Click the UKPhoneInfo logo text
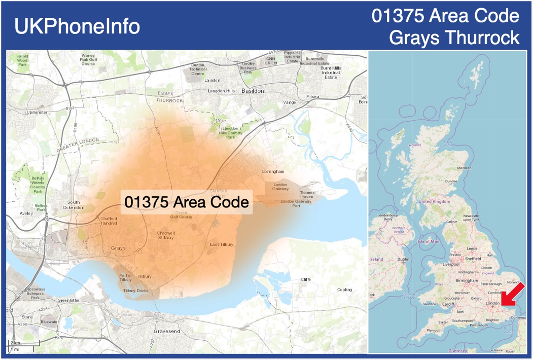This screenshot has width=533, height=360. pyautogui.click(x=77, y=26)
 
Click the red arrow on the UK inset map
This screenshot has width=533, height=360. pyautogui.click(x=513, y=294)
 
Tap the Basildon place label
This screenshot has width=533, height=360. pyautogui.click(x=253, y=91)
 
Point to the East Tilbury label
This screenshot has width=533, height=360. pyautogui.click(x=222, y=244)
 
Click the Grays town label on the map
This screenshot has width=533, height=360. pyautogui.click(x=118, y=248)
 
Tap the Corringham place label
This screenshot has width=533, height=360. pyautogui.click(x=273, y=172)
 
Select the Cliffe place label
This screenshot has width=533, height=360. pyautogui.click(x=305, y=279)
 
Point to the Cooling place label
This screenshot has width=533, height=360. pyautogui.click(x=344, y=290)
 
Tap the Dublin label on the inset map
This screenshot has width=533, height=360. pyautogui.click(x=404, y=259)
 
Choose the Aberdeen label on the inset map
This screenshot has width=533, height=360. pyautogui.click(x=464, y=168)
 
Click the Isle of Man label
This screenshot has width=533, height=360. pyautogui.click(x=428, y=241)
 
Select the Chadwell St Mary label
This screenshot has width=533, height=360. pyautogui.click(x=166, y=235)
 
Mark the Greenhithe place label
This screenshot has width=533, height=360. pyautogui.click(x=67, y=300)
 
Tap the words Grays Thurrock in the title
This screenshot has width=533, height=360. pyautogui.click(x=455, y=38)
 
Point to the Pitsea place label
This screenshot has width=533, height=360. pyautogui.click(x=313, y=96)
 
